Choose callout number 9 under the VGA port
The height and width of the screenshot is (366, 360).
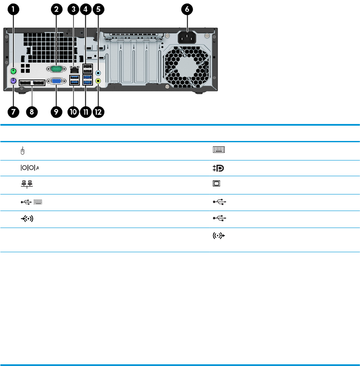pyautogui.click(x=56, y=112)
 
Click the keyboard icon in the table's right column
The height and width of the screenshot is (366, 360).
pyautogui.click(x=219, y=149)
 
